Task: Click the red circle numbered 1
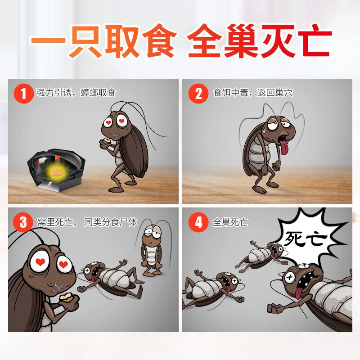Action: click(x=23, y=94)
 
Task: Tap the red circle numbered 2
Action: click(x=198, y=94)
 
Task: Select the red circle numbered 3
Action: click(x=23, y=222)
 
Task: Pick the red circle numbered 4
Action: click(x=198, y=222)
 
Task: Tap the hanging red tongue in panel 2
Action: click(x=284, y=146)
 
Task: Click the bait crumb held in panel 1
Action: click(x=107, y=141)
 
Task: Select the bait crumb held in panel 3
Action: click(x=66, y=297)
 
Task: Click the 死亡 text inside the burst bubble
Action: click(x=305, y=239)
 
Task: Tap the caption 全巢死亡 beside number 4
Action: click(x=230, y=222)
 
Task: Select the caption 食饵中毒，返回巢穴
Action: click(x=253, y=93)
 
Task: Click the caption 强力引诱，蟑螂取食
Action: click(x=76, y=93)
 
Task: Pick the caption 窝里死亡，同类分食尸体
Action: click(x=87, y=222)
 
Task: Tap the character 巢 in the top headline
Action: click(x=241, y=41)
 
